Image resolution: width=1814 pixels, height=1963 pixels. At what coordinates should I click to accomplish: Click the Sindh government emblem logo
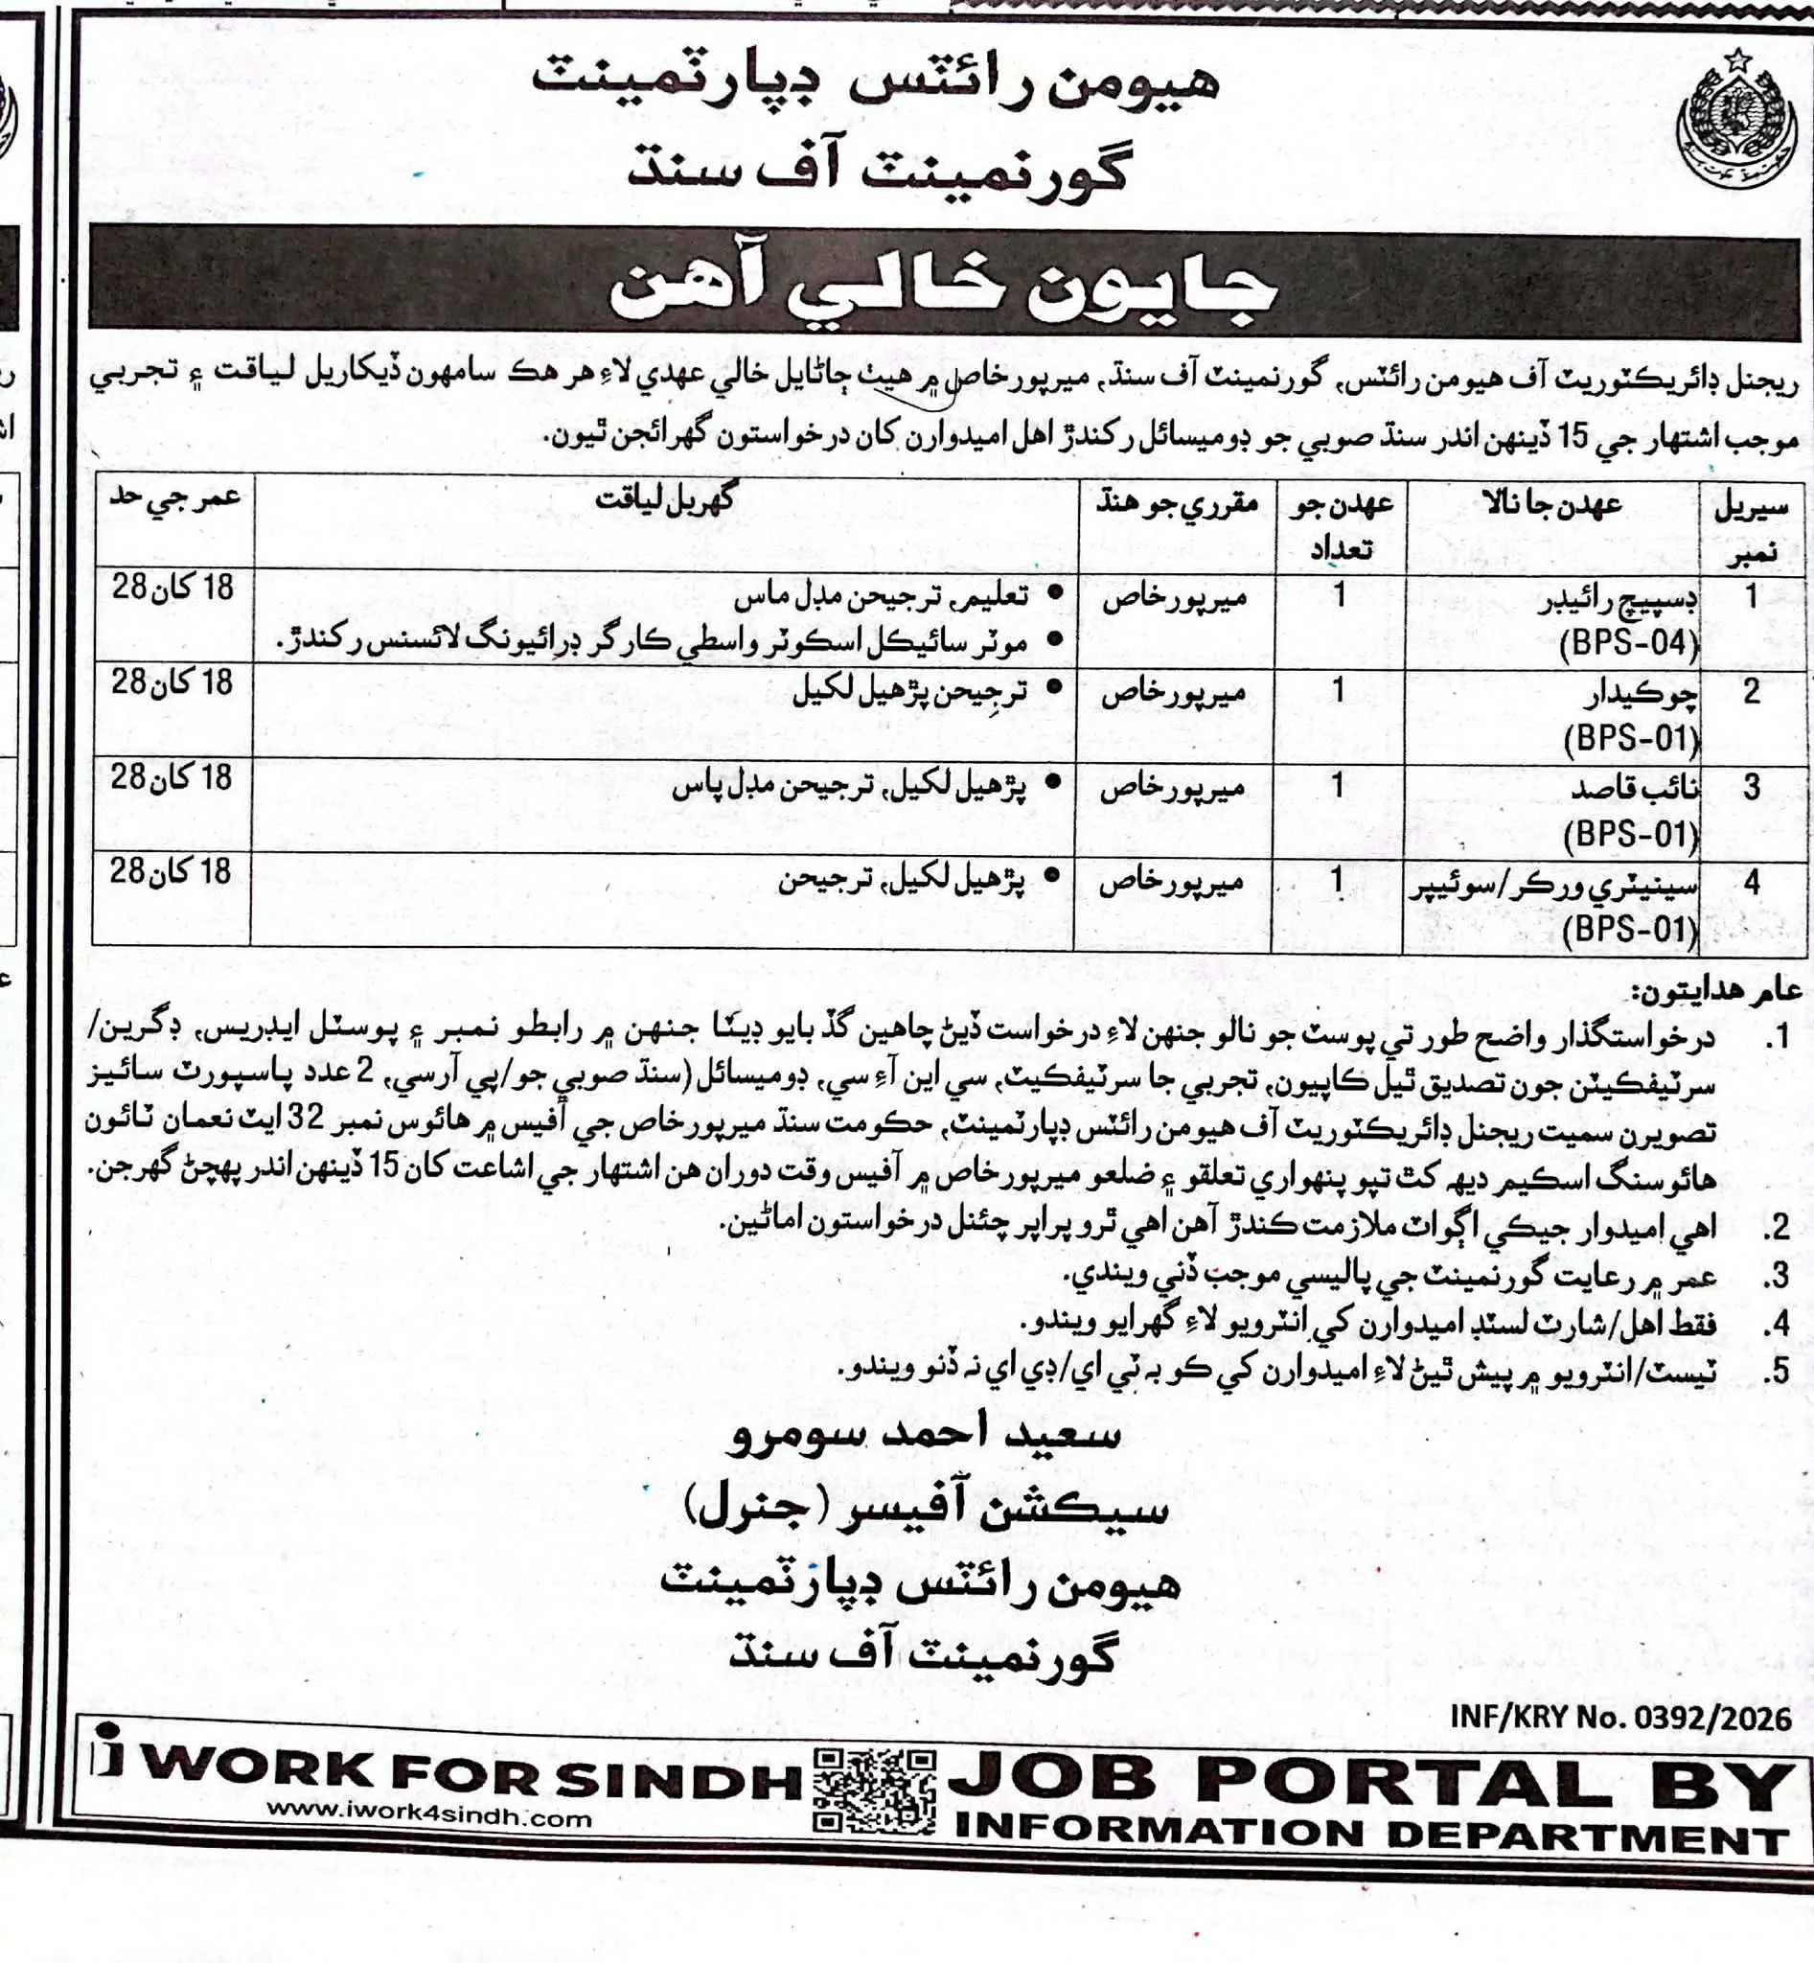[x=1736, y=123]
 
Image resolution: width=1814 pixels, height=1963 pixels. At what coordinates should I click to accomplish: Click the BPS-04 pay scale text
[x=1629, y=643]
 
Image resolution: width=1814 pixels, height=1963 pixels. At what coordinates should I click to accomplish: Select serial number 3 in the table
[x=1751, y=787]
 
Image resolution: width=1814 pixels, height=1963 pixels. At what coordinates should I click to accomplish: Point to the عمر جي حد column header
[x=174, y=497]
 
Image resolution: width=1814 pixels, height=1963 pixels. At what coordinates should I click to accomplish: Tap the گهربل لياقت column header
[x=664, y=498]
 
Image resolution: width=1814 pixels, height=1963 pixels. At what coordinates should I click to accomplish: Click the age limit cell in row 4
[x=171, y=871]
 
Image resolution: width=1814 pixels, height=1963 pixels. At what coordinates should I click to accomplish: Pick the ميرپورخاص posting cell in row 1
[x=1174, y=596]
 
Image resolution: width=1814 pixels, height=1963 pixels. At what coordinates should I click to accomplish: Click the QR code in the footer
[x=874, y=1790]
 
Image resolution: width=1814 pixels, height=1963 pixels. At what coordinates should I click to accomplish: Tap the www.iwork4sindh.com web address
[x=429, y=1817]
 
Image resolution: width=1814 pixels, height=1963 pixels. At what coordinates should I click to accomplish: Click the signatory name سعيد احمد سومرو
[x=923, y=1435]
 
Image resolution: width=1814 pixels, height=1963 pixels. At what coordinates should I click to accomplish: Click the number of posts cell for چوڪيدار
[x=1338, y=691]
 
